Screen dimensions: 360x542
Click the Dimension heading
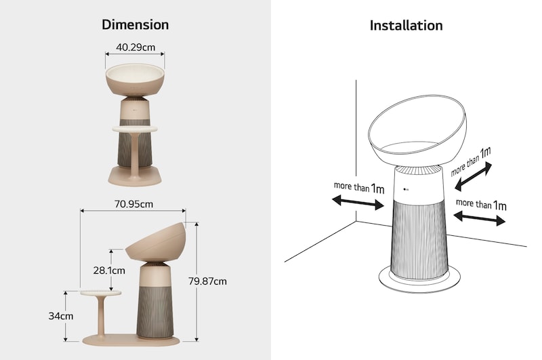pos(135,25)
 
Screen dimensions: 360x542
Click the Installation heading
pos(406,26)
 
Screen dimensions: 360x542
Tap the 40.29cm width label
pos(135,47)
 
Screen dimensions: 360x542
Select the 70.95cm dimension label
pos(133,203)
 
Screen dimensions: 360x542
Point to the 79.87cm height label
pos(208,281)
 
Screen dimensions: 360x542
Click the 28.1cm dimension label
pos(109,271)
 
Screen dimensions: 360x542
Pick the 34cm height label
pos(61,316)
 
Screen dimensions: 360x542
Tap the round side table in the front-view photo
pos(135,128)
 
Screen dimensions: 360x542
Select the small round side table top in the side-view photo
pos(101,292)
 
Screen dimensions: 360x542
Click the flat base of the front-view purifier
pos(135,175)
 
